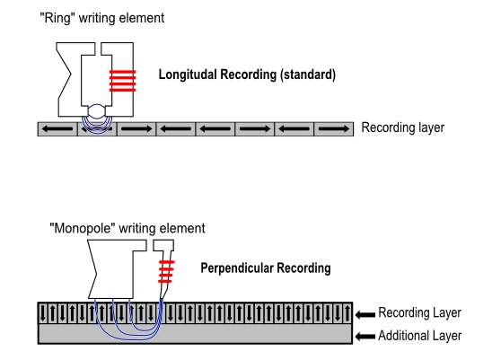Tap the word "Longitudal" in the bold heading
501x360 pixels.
[x=188, y=75]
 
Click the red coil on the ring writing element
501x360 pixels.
[x=123, y=81]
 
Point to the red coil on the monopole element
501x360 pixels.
[x=166, y=272]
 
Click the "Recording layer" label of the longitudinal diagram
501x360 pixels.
[x=402, y=127]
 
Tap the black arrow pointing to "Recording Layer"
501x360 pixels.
[x=365, y=315]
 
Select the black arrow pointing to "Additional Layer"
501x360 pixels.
[x=365, y=337]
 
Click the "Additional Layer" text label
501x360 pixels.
[x=420, y=336]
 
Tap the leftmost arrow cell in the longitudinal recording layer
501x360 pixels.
[x=57, y=129]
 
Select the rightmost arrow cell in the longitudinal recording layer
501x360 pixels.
[x=334, y=129]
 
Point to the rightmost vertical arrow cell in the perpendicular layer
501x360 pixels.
[x=347, y=312]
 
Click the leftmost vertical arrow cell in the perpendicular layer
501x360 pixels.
[x=43, y=312]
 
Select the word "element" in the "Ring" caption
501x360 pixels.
[x=142, y=18]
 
